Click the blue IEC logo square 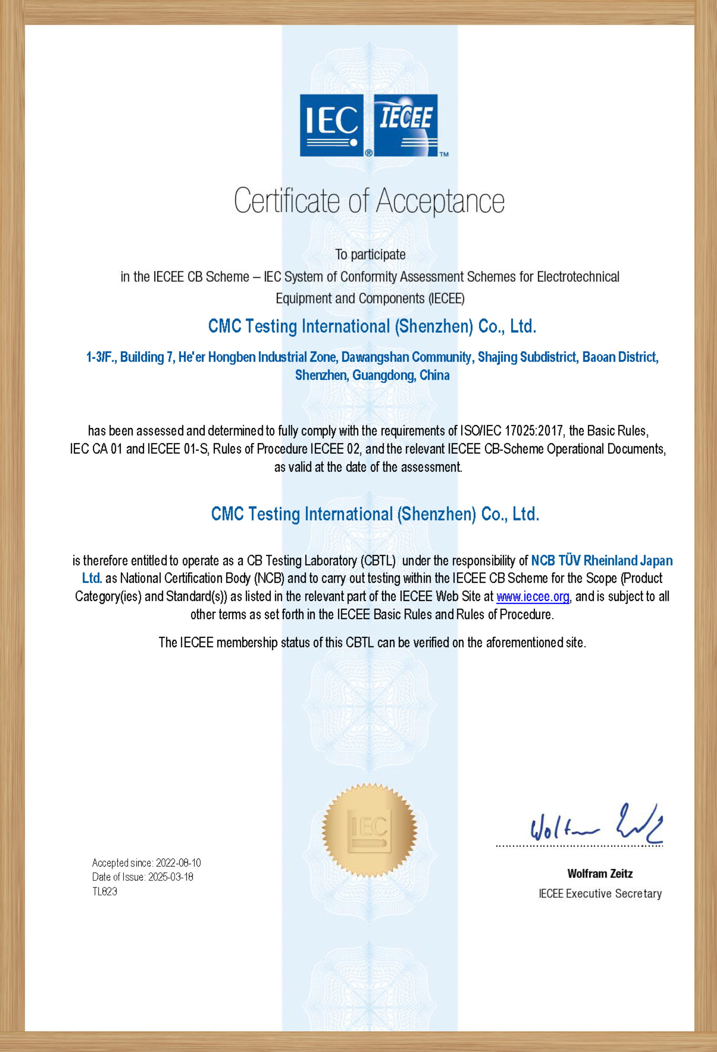click(x=331, y=125)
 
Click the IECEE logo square click(x=405, y=125)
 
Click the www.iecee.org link click(x=532, y=597)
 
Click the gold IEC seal click(x=369, y=831)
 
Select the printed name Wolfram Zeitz click(x=600, y=874)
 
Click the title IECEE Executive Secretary click(x=600, y=894)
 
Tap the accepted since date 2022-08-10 click(x=178, y=863)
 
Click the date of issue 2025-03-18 click(x=171, y=877)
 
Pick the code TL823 click(x=104, y=891)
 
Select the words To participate click(x=370, y=254)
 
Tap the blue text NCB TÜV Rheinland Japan click(x=602, y=560)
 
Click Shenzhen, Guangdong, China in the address click(x=372, y=375)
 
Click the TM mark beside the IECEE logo click(x=444, y=154)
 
